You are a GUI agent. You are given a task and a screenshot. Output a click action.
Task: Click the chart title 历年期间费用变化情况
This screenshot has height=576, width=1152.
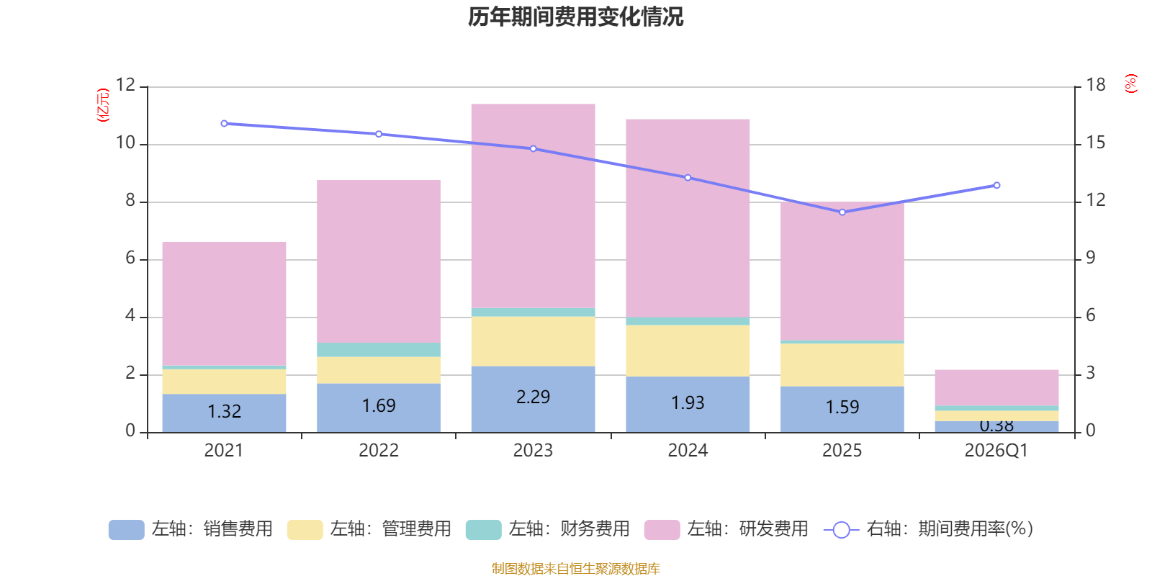575,17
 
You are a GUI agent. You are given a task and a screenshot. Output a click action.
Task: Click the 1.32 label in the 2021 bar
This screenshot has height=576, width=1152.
224,411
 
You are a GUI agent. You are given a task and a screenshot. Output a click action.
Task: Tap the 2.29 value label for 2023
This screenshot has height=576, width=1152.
533,397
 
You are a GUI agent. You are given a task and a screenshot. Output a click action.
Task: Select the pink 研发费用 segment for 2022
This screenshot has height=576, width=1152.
379,261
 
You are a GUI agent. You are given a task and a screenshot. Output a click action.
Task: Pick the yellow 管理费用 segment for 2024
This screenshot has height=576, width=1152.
688,351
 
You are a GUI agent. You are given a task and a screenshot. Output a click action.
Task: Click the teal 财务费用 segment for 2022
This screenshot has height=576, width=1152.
379,350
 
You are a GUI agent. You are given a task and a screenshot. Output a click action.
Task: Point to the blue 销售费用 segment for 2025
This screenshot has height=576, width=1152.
842,409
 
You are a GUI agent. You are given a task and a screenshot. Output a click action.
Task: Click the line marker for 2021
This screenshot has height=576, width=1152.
224,124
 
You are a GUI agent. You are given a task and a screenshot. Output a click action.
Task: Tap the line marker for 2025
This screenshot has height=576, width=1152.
842,212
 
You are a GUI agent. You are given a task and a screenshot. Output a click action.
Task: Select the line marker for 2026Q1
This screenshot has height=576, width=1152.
996,186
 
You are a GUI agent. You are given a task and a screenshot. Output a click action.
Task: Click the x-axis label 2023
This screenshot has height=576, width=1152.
533,451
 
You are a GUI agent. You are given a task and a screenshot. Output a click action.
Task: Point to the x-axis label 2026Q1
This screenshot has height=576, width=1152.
996,451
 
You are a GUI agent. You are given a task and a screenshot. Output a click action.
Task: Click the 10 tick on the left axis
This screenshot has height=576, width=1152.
126,143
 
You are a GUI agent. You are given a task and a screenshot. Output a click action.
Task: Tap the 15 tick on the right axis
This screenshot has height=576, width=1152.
1096,143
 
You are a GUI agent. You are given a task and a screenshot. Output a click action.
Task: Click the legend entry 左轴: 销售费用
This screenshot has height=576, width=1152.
191,529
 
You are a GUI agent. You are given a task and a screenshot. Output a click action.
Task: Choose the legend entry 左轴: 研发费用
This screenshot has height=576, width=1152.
726,529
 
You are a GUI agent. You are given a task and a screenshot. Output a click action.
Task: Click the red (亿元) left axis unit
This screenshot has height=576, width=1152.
103,105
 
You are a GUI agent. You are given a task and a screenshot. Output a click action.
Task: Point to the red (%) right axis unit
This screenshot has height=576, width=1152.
1130,84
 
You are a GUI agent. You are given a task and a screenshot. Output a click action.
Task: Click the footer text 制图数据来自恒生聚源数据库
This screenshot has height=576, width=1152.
575,569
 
